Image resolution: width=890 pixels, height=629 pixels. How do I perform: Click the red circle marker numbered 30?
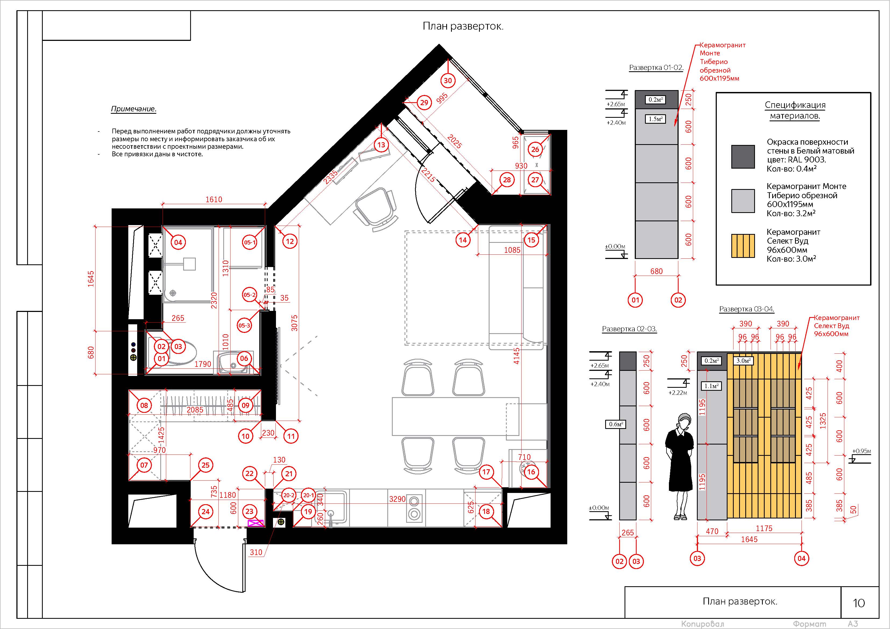click(448, 81)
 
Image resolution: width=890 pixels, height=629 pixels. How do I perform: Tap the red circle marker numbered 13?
click(381, 145)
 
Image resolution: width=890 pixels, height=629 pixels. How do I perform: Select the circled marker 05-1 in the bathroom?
click(250, 243)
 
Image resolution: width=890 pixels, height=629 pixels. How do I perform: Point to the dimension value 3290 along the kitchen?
click(397, 499)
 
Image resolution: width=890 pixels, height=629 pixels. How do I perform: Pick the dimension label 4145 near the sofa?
click(516, 356)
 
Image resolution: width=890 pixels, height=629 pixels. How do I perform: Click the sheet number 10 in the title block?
click(859, 603)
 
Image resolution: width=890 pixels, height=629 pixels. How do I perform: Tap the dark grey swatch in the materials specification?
click(743, 157)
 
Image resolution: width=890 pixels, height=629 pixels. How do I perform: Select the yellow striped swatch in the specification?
click(743, 246)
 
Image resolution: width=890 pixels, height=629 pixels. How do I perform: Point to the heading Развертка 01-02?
click(656, 68)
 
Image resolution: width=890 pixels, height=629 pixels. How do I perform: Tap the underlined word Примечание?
click(134, 109)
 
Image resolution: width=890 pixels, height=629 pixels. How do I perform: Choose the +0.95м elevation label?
click(861, 451)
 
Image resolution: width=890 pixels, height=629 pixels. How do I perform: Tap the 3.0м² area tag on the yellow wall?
click(743, 361)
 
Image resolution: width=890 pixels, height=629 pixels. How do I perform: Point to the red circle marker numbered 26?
click(535, 150)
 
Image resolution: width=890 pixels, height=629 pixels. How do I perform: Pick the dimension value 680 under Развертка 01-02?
click(656, 271)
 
